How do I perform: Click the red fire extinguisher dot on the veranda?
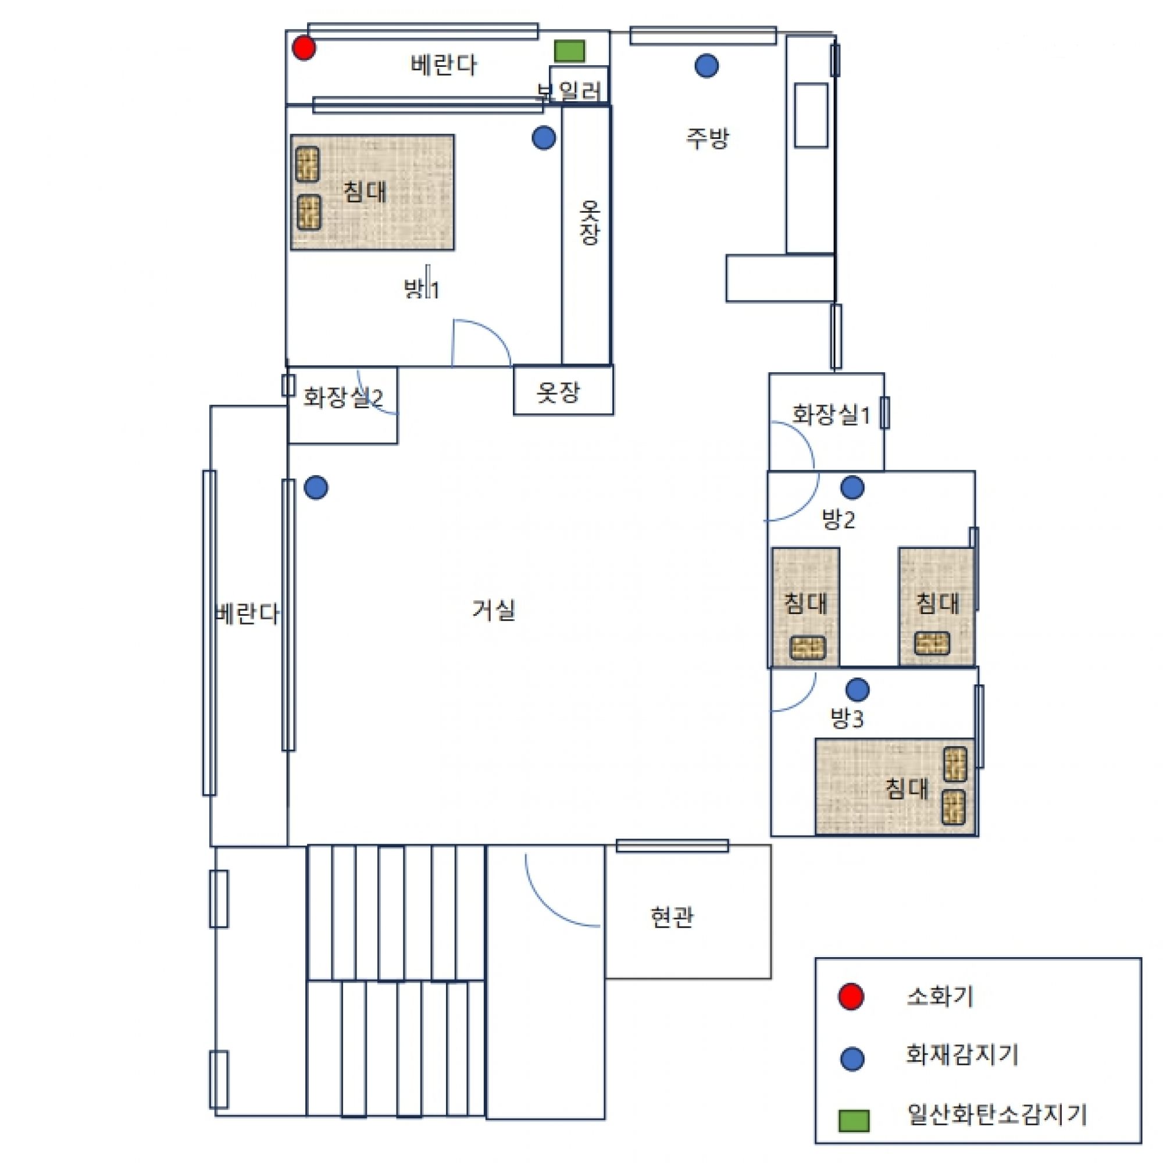[x=304, y=48]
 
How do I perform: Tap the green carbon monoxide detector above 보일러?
[x=569, y=51]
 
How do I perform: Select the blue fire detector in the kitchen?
[x=707, y=66]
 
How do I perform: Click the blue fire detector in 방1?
[x=544, y=138]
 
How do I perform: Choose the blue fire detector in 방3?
[x=858, y=690]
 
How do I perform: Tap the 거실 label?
[x=494, y=610]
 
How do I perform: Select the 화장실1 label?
[x=832, y=415]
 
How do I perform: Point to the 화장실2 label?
[x=343, y=397]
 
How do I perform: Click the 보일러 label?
[x=569, y=91]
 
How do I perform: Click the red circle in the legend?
[x=851, y=996]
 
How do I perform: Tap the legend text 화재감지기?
[x=962, y=1054]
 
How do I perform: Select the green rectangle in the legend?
[x=854, y=1121]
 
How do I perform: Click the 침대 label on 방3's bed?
[x=907, y=789]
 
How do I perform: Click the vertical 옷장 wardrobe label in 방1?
[x=589, y=222]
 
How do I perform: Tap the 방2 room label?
[x=839, y=519]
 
